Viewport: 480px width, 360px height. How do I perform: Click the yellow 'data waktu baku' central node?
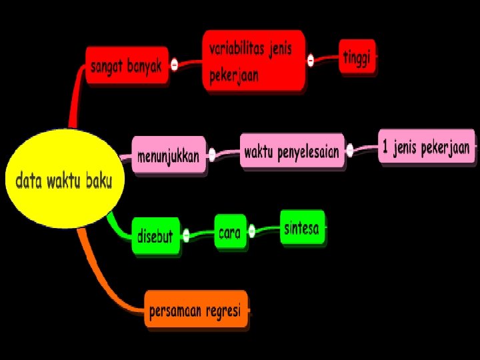pos(64,179)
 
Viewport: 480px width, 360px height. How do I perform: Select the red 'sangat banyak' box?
pos(127,65)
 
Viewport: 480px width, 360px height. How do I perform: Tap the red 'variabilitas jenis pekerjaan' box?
pos(253,60)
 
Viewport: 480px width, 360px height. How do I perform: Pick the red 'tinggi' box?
pos(358,58)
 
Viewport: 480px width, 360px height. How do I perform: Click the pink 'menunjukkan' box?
pos(169,156)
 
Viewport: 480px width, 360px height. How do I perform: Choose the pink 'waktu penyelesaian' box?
pos(292,151)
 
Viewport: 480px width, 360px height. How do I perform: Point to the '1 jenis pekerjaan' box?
pos(427,147)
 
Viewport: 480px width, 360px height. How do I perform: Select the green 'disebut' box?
pos(155,235)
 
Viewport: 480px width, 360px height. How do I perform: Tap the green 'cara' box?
pos(229,233)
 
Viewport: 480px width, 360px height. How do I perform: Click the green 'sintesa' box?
pos(302,229)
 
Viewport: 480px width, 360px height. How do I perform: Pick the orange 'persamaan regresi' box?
pos(195,311)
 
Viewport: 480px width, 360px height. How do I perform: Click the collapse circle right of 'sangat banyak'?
pos(174,65)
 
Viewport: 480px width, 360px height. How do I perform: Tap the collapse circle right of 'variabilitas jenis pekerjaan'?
pos(311,60)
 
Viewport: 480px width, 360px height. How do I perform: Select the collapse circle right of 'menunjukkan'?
pos(212,155)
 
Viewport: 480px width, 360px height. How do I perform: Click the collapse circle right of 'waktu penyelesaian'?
pos(350,150)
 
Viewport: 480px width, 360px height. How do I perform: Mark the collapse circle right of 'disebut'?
pos(186,235)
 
